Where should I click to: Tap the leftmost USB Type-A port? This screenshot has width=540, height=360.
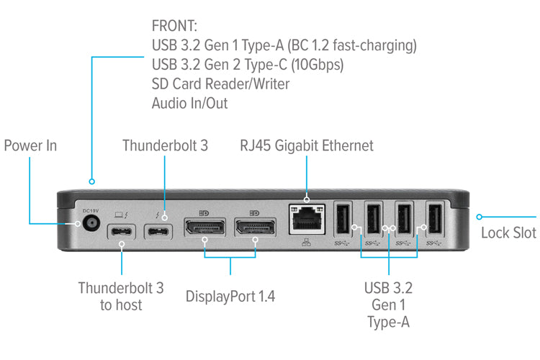coord(343,218)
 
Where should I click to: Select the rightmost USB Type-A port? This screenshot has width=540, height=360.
coord(433,218)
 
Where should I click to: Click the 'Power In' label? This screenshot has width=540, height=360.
coord(30,146)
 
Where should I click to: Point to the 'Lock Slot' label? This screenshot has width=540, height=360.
coord(508,233)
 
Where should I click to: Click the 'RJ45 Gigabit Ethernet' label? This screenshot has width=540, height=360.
coord(307,146)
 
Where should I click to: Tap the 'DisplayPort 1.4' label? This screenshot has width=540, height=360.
coord(230,296)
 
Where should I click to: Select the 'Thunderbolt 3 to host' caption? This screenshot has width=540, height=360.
coord(121,296)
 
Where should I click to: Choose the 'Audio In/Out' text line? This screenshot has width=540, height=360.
coord(189,103)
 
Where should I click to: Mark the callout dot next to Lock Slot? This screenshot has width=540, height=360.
coord(480,215)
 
